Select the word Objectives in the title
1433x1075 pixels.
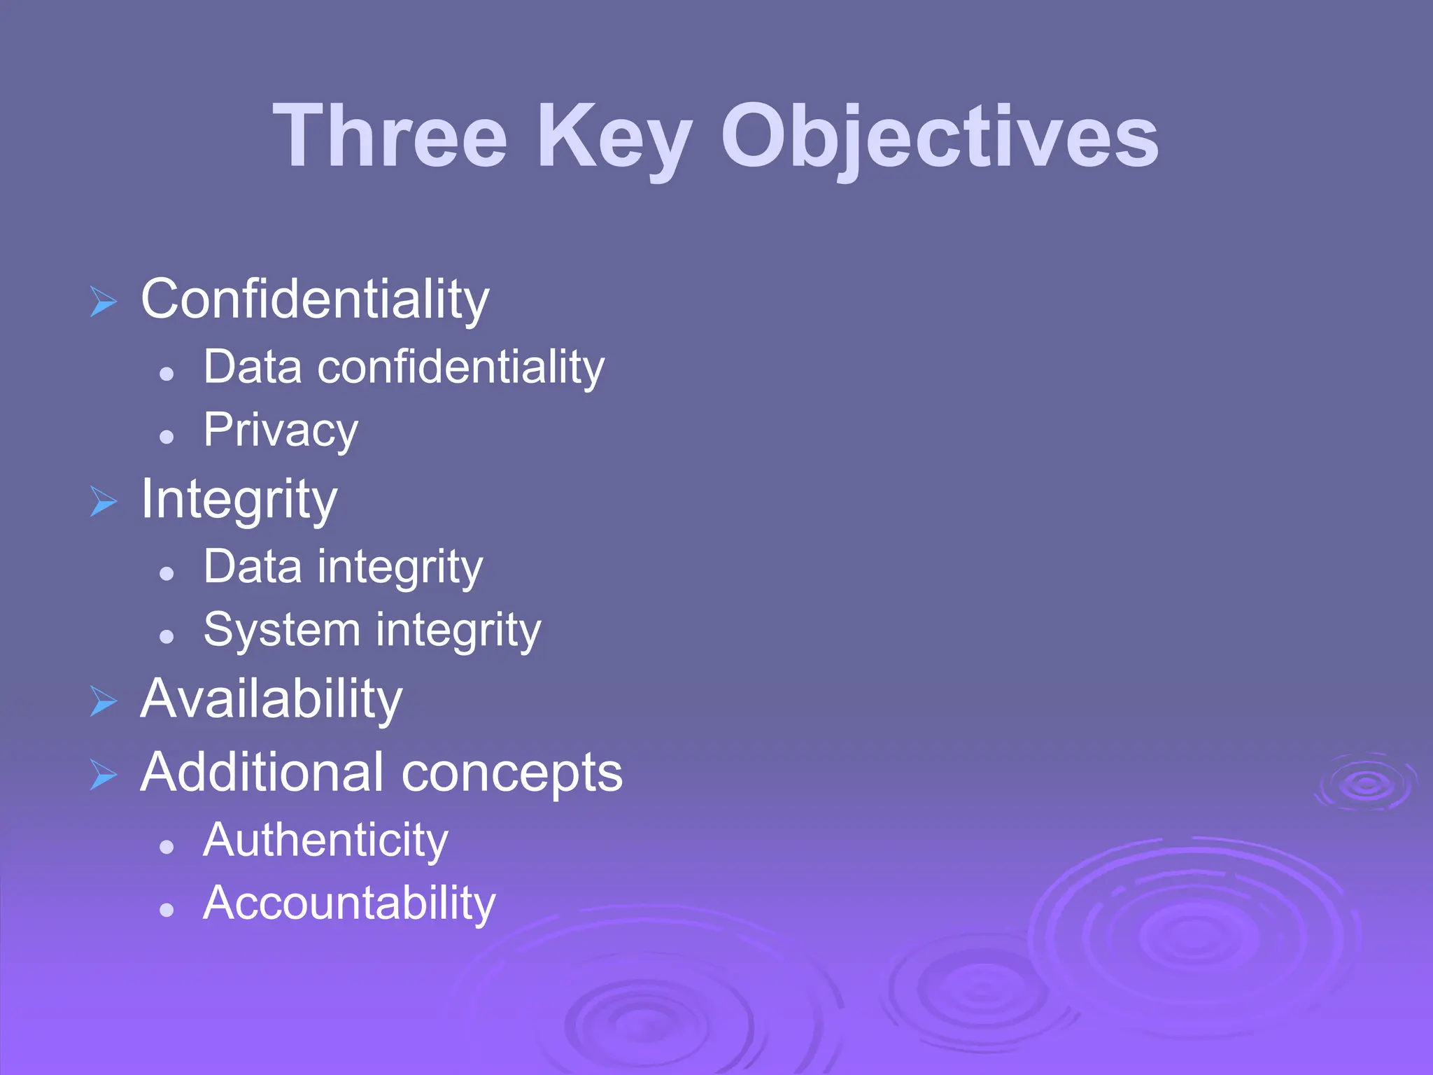coord(940,138)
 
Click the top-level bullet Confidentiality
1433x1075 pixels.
coord(315,300)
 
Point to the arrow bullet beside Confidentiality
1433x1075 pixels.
coord(104,302)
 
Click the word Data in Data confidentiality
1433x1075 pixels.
coord(253,367)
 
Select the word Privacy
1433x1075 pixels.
coord(281,430)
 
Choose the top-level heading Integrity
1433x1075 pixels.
coord(239,500)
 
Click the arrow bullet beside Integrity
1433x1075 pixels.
coord(104,501)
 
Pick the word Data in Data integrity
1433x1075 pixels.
coord(253,566)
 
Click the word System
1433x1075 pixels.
coord(281,630)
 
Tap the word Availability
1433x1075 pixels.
coord(271,699)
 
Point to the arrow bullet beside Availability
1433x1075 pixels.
coord(104,701)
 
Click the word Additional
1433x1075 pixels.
coord(262,773)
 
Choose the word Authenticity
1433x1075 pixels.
coord(325,840)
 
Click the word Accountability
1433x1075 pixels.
coord(349,903)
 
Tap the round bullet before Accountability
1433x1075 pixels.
coord(167,910)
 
